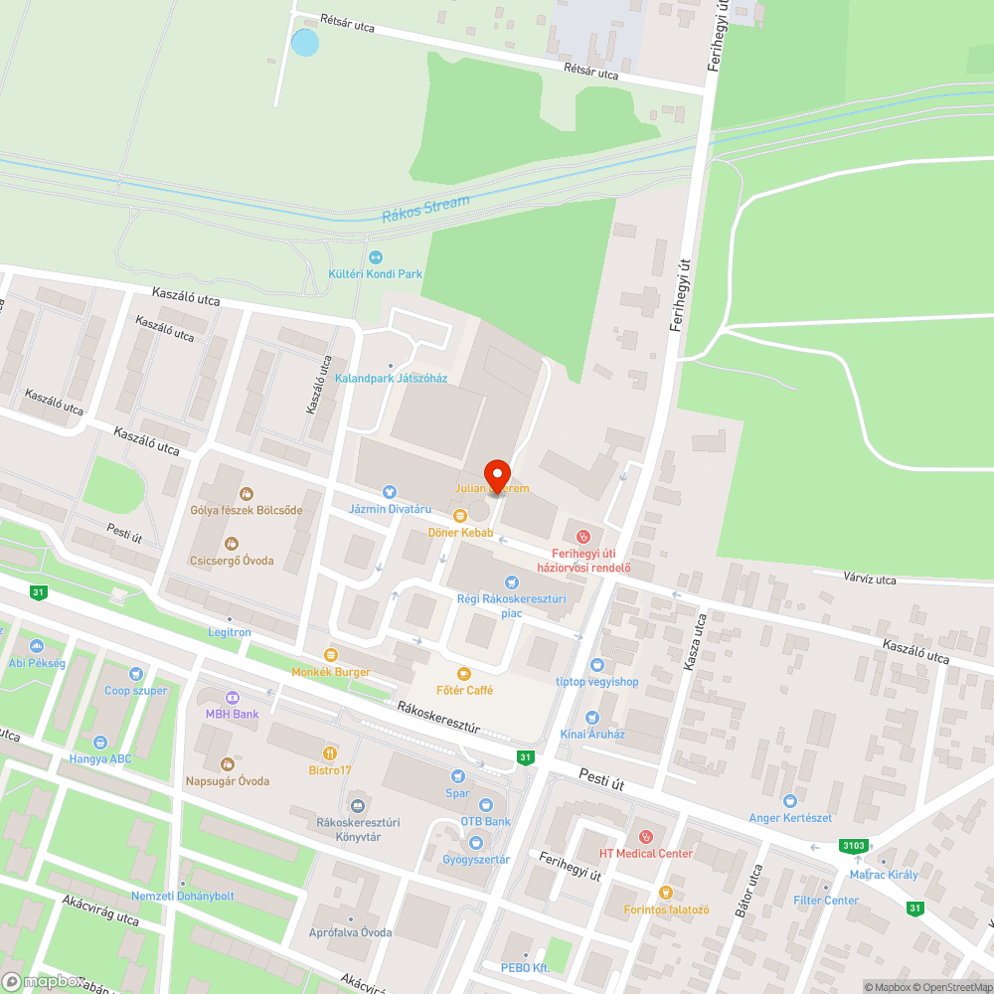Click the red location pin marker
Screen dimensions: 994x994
[x=496, y=475]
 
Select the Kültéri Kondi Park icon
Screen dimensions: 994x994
[x=376, y=256]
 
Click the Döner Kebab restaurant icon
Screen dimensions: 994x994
[x=459, y=516]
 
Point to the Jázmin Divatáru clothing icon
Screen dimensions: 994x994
[x=389, y=491]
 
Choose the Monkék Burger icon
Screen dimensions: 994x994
[x=331, y=655]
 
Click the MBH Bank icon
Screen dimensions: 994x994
[x=232, y=697]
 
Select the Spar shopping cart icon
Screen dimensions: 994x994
[x=457, y=776]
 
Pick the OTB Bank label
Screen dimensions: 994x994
[x=485, y=822]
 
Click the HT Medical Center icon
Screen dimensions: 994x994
[x=645, y=836]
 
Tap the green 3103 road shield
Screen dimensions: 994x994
[x=853, y=846]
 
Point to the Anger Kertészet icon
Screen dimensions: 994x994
[x=790, y=800]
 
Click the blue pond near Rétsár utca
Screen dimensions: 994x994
[x=305, y=43]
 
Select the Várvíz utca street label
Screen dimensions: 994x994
[x=870, y=579]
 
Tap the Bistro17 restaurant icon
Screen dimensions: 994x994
[x=330, y=752]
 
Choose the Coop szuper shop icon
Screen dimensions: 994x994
[x=136, y=674]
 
